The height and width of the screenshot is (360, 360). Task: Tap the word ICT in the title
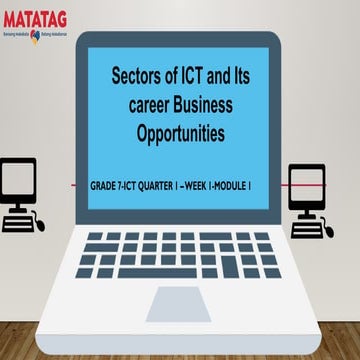pos(193,77)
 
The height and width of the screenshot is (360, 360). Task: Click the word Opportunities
pos(180,131)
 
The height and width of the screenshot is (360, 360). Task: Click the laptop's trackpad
pos(179,297)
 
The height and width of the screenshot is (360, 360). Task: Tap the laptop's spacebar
pos(180,270)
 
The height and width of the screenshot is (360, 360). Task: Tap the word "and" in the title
pos(222,77)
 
